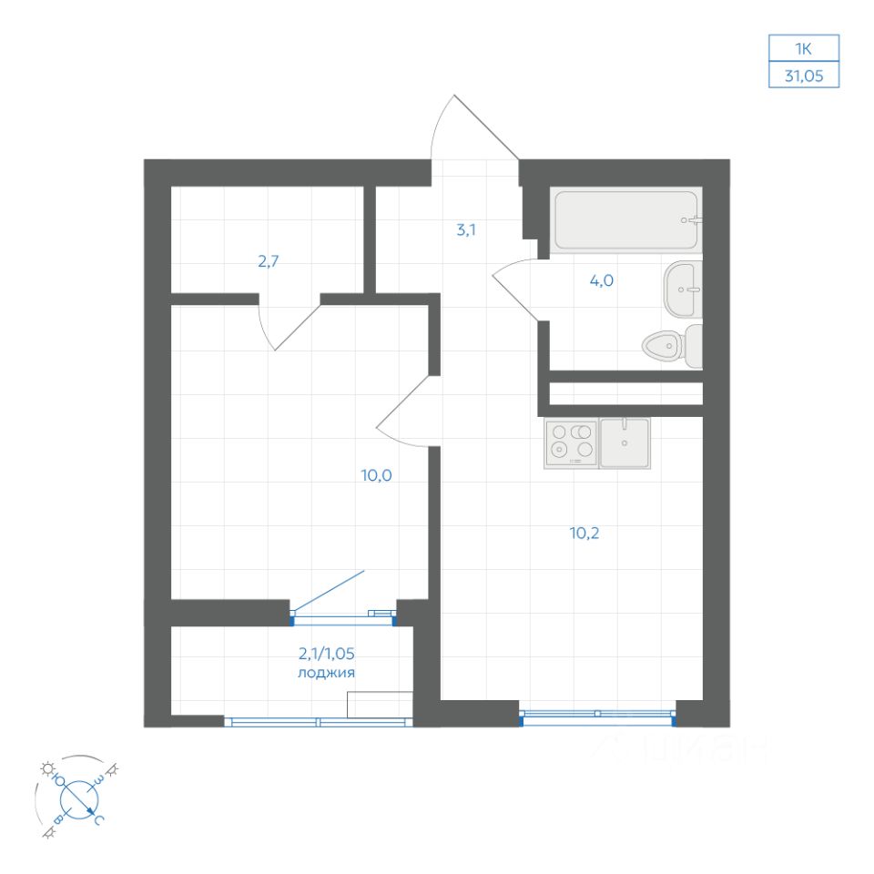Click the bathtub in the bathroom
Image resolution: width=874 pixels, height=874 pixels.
pos(625,220)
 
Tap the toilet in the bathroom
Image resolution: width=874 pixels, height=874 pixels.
pos(672,345)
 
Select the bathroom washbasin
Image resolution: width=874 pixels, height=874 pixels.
pos(683,290)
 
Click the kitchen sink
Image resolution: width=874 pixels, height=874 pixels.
pos(625,442)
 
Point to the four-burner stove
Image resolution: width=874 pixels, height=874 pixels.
pos(572,442)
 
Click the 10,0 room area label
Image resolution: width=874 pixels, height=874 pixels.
pos(376,475)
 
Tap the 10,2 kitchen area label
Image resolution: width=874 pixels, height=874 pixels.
pos(584,533)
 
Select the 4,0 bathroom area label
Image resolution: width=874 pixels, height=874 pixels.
pos(602,280)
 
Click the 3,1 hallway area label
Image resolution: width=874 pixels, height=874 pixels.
pos(466,230)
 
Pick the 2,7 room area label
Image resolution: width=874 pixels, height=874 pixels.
pos(268,262)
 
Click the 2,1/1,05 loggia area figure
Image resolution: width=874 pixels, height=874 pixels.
pos(326,653)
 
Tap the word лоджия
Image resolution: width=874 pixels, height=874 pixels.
pos(326,674)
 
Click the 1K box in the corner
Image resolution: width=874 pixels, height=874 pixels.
pos(803,48)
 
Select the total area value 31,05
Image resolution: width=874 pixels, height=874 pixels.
pos(803,76)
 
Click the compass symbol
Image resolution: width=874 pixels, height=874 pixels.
pos(78,797)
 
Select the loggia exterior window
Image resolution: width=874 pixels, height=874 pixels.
pos(318,722)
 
